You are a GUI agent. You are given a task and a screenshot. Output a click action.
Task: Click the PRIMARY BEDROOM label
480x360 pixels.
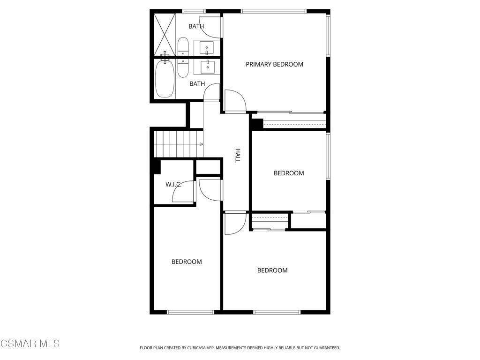point(274,64)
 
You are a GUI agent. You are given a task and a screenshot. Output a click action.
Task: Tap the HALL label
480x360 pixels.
point(238,156)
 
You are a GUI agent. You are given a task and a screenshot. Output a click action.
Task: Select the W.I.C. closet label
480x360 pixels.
point(173,184)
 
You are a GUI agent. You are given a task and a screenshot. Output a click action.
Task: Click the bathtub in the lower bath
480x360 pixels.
point(165,79)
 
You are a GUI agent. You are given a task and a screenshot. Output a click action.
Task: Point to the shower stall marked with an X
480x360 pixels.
point(165,35)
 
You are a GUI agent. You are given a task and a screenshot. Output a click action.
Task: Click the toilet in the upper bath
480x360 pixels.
point(183,46)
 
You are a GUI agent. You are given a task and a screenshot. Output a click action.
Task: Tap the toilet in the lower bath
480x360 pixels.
point(183,68)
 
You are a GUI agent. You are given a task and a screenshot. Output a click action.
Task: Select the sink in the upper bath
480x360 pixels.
point(207,48)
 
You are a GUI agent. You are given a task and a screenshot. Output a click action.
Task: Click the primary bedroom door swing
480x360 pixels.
point(235,101)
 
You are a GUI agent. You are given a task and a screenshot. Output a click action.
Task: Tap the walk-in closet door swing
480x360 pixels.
point(183,191)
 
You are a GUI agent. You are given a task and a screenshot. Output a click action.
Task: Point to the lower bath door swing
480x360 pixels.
point(211,91)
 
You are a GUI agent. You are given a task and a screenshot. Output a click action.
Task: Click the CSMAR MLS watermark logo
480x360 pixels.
point(30,344)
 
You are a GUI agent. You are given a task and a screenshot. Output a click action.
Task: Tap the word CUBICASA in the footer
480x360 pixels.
point(207,348)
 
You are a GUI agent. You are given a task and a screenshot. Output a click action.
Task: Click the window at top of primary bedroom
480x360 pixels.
point(274,11)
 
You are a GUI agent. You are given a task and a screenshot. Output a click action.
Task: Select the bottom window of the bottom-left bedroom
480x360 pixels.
point(190,312)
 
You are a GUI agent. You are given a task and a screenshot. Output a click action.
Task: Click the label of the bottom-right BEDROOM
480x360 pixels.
point(272,270)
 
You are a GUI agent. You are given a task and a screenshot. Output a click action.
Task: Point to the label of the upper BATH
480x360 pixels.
point(196,26)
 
